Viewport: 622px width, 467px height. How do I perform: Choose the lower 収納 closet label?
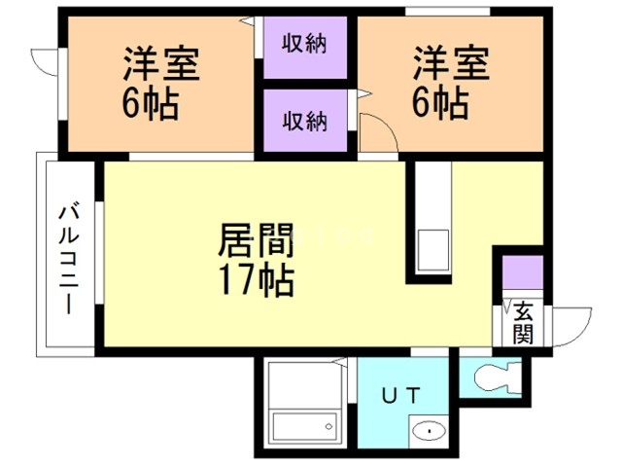[x=304, y=121]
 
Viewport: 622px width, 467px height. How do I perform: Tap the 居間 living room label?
[x=257, y=239]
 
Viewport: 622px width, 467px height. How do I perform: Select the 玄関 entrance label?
[x=523, y=323]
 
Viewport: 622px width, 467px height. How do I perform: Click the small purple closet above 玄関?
[x=523, y=271]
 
